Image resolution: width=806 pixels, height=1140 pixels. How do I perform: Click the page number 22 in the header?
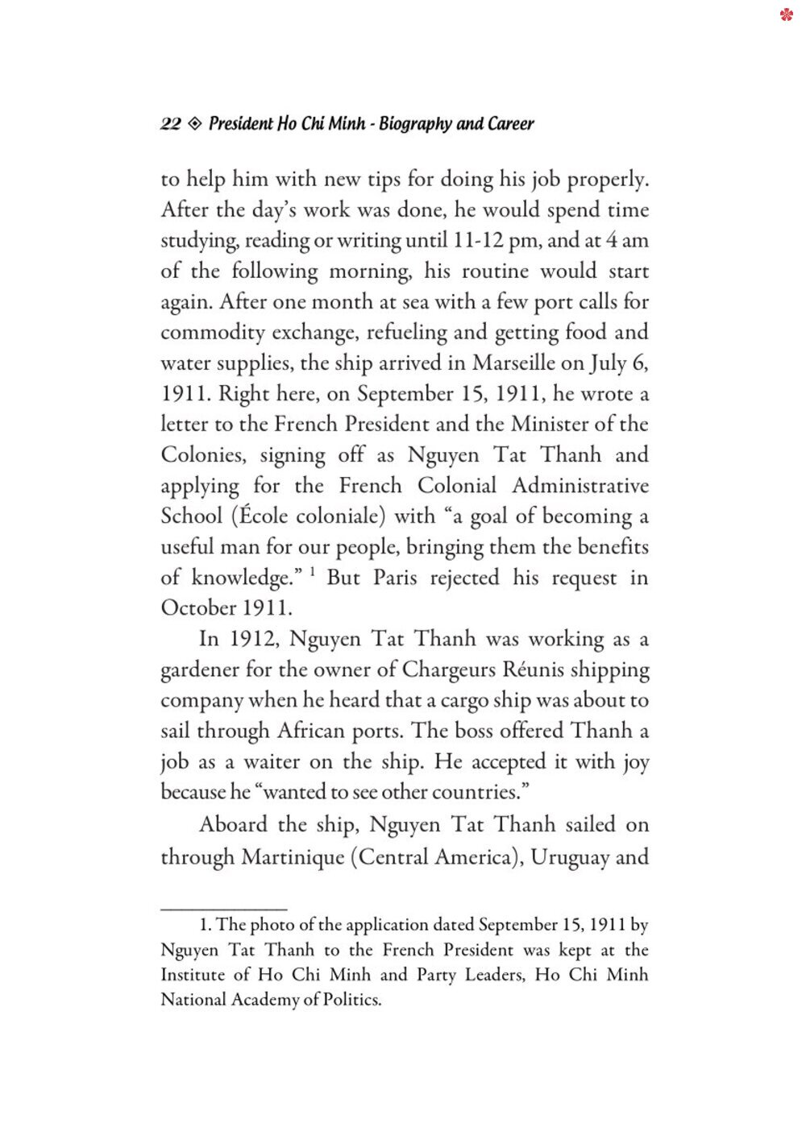click(x=171, y=124)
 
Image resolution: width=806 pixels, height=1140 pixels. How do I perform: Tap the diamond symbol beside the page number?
click(x=194, y=124)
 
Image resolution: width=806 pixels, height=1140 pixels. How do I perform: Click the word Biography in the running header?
click(x=415, y=124)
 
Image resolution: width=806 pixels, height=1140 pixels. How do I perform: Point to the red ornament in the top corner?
click(x=787, y=15)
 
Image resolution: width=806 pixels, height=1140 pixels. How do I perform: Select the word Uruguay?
click(x=569, y=856)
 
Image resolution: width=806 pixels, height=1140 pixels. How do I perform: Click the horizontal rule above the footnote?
click(x=224, y=909)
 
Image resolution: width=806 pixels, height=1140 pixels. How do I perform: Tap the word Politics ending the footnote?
click(x=352, y=1000)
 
